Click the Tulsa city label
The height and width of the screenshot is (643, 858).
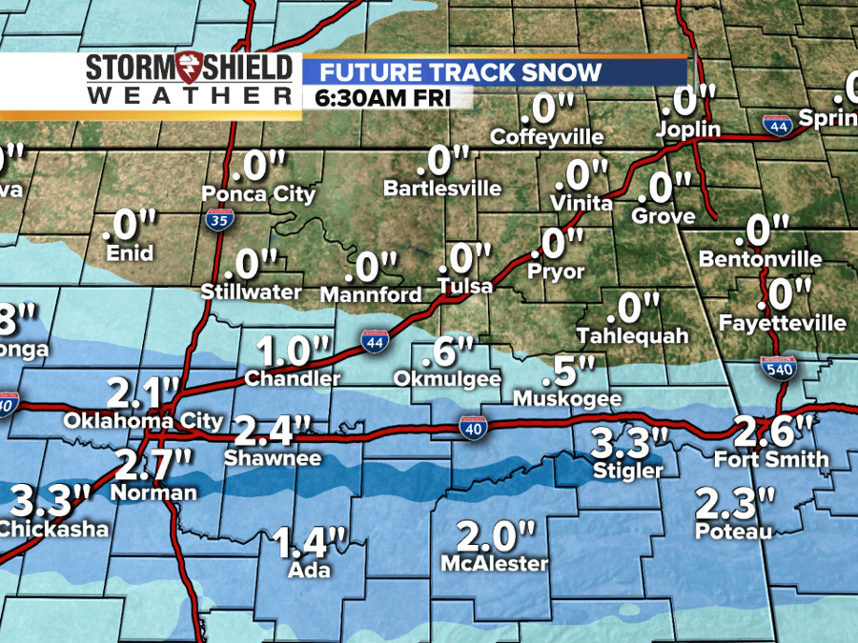(x=465, y=286)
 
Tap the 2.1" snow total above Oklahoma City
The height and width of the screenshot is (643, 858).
(x=143, y=391)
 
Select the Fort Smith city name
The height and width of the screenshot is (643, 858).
(x=772, y=459)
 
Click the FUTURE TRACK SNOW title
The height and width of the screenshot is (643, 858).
(x=460, y=71)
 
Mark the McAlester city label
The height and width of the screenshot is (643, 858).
(x=494, y=564)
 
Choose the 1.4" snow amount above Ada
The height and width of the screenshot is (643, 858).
(x=309, y=544)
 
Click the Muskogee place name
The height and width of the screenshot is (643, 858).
(x=567, y=398)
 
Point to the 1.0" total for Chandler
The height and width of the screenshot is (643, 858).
(x=286, y=351)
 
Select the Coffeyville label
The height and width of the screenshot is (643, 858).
(x=546, y=137)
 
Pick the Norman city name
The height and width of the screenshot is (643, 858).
(x=153, y=492)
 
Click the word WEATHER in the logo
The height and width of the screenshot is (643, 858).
(x=189, y=96)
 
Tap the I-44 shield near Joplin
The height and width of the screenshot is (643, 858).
(x=775, y=124)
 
